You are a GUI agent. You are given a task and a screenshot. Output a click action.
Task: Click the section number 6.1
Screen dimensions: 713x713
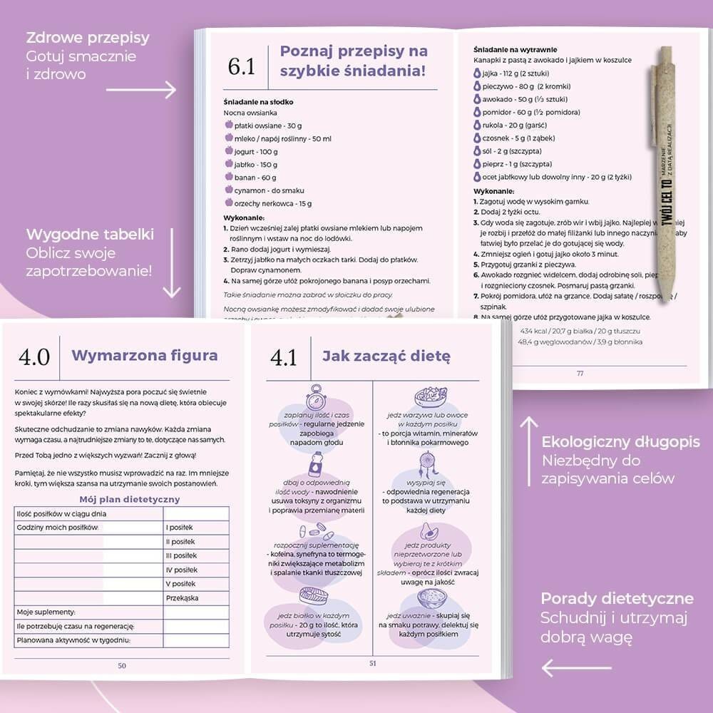pyautogui.click(x=241, y=67)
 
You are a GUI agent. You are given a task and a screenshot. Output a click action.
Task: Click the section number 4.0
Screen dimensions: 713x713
pyautogui.click(x=34, y=356)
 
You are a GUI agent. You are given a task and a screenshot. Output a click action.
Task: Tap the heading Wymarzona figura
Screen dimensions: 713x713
pyautogui.click(x=145, y=356)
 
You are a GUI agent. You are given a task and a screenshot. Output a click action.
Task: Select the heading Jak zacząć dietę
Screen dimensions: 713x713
pyautogui.click(x=386, y=356)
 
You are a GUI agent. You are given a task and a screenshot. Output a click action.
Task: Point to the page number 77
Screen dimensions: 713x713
pyautogui.click(x=580, y=373)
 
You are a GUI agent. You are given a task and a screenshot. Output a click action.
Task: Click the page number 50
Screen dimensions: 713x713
pyautogui.click(x=122, y=665)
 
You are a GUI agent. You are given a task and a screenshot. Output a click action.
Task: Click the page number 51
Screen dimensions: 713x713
pyautogui.click(x=372, y=664)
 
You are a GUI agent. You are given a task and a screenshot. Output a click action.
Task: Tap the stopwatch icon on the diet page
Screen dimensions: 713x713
pyautogui.click(x=316, y=397)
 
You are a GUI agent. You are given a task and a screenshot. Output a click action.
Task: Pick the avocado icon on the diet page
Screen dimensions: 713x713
pyautogui.click(x=429, y=531)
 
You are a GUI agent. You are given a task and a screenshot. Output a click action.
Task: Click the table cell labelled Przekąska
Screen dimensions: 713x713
pyautogui.click(x=182, y=598)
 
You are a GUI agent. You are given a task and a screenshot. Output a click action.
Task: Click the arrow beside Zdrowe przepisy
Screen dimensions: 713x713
pyautogui.click(x=140, y=90)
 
